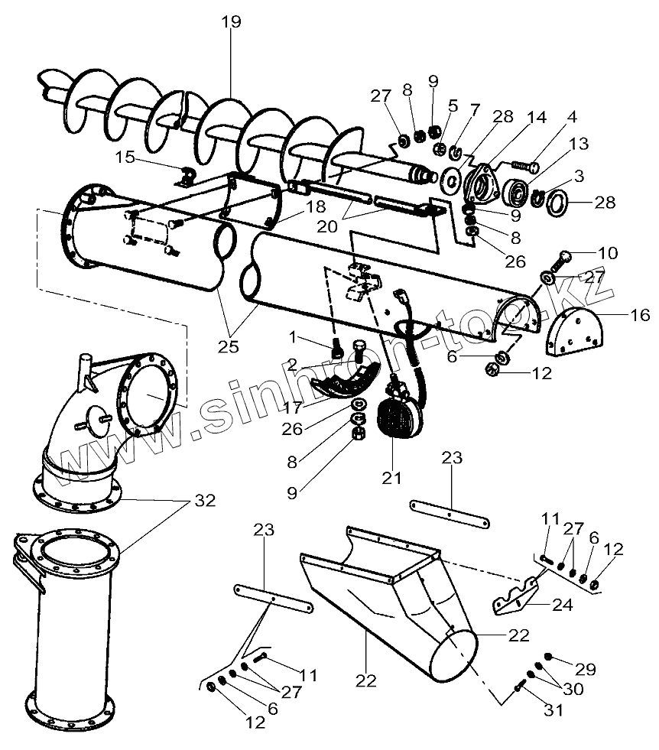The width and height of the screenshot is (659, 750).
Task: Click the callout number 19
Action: point(230,21)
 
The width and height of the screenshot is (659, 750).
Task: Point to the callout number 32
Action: point(204,502)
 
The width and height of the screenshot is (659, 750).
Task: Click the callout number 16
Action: point(640,314)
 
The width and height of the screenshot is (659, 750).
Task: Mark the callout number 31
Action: point(553,710)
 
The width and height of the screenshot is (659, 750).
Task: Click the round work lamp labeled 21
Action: point(396,417)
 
